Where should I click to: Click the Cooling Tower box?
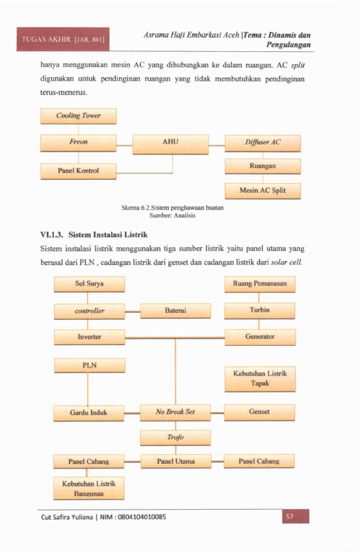[79, 116]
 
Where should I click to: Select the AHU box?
[171, 144]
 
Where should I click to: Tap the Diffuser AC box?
[263, 143]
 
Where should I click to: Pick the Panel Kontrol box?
[79, 171]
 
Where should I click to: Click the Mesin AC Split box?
[263, 191]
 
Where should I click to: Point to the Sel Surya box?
[89, 284]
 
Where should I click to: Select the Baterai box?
[176, 311]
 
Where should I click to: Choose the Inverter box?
[89, 337]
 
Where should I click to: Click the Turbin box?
[260, 310]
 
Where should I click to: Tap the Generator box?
[260, 337]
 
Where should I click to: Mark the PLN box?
[89, 365]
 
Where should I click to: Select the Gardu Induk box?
[89, 413]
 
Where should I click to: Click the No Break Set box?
[176, 413]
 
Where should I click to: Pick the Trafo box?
[176, 438]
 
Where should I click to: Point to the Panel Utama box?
[176, 461]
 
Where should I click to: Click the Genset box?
[260, 412]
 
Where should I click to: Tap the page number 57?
[290, 516]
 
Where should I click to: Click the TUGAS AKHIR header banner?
[63, 39]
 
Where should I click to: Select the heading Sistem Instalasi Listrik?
[108, 234]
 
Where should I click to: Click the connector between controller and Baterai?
[133, 312]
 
